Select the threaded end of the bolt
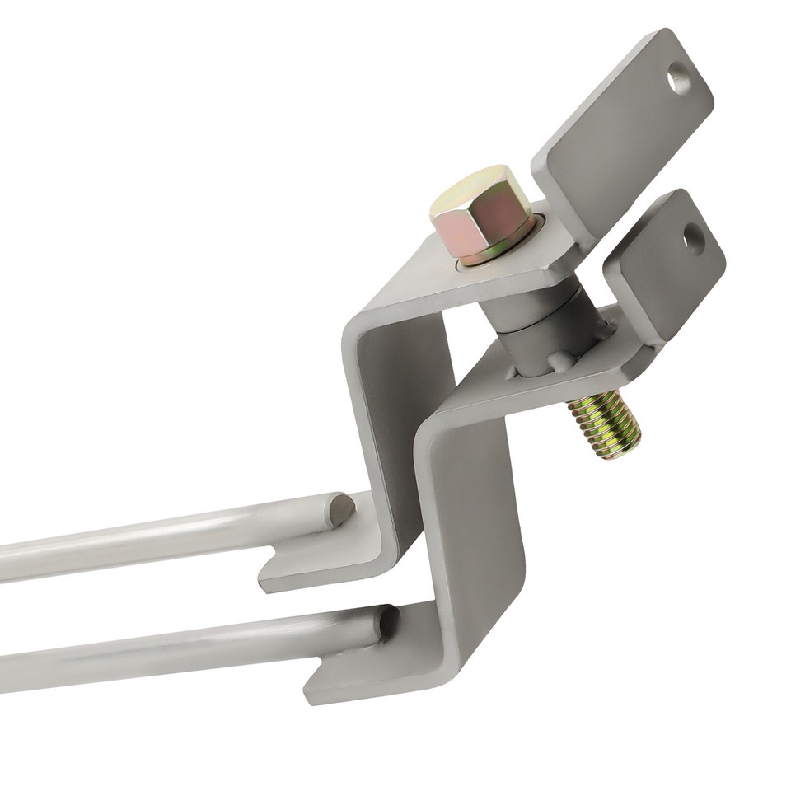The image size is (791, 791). (606, 424)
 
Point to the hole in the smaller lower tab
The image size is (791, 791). (694, 238)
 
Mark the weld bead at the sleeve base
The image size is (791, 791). (560, 363)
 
